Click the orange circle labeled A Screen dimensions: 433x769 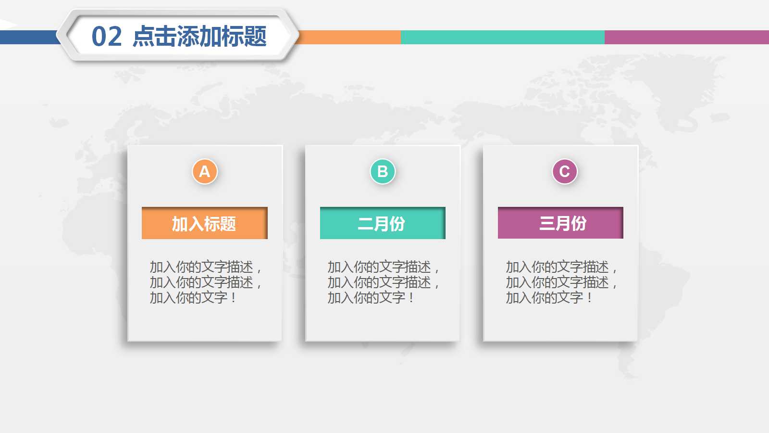(x=205, y=171)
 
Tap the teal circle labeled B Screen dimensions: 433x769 (x=383, y=171)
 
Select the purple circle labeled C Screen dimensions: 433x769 (x=564, y=171)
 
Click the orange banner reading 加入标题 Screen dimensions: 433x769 (x=204, y=223)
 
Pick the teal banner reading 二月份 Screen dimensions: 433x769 (x=383, y=223)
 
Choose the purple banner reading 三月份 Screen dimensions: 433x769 (x=560, y=223)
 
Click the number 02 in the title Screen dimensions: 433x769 (x=107, y=37)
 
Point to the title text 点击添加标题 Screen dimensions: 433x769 (x=199, y=37)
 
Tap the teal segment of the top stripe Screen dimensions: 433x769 (x=502, y=37)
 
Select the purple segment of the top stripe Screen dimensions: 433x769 (x=686, y=37)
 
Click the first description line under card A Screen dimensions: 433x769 (x=205, y=267)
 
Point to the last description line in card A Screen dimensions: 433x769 (x=192, y=298)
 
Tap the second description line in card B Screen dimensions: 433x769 (x=383, y=282)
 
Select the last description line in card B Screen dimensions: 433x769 (x=370, y=298)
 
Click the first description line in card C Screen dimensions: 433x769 (x=561, y=267)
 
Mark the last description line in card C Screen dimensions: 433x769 (x=548, y=298)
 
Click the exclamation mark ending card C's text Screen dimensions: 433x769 (x=590, y=298)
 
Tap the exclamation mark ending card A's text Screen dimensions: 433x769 (x=234, y=298)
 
